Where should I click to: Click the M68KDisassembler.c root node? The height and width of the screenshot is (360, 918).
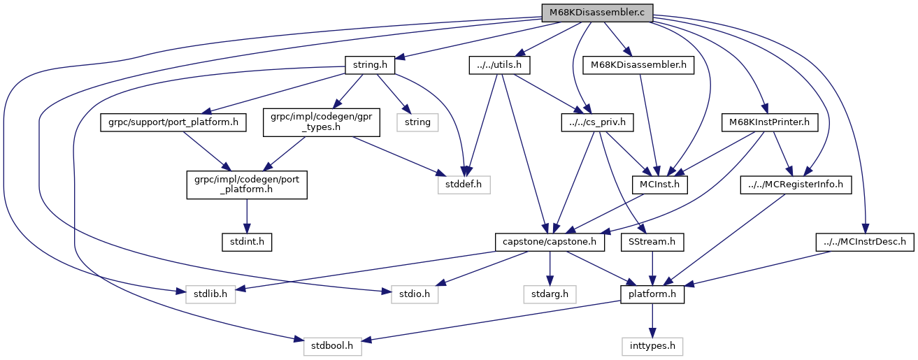597,13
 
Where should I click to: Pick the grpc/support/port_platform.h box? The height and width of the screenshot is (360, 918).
173,123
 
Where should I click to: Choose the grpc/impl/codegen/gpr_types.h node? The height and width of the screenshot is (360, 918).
321,123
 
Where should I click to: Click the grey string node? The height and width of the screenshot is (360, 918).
418,123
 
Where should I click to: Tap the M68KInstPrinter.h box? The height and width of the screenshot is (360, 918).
769,123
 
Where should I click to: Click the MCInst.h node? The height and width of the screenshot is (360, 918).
659,185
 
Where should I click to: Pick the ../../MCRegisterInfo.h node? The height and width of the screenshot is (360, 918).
796,185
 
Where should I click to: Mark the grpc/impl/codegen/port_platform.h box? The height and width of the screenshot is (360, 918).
246,185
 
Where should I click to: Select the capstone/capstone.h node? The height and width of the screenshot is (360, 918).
550,243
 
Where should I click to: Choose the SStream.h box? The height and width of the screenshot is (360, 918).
652,243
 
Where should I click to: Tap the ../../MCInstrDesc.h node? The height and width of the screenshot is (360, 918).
864,243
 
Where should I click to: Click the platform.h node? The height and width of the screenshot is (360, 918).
652,294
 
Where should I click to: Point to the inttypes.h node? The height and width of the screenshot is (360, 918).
652,346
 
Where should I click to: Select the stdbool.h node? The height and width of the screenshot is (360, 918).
332,346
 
